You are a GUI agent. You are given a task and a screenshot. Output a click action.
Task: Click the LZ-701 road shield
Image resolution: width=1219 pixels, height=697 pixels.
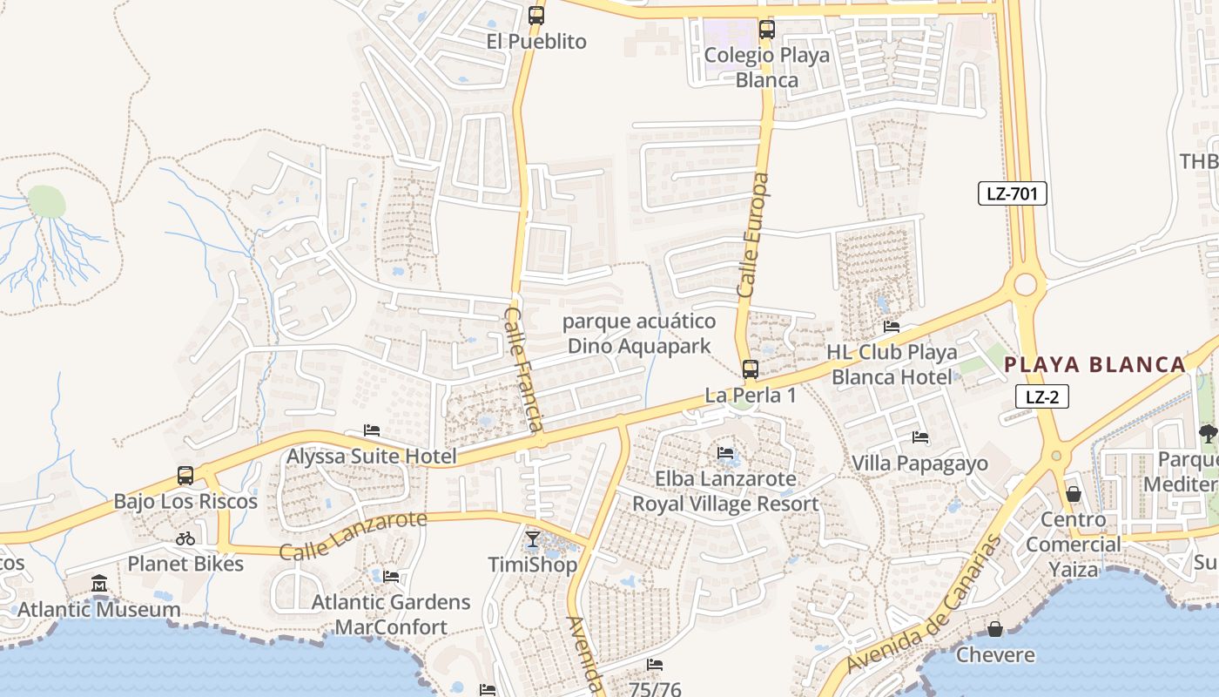tap(1012, 193)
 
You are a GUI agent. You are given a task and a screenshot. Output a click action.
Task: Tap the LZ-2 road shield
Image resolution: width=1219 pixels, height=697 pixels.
tap(1041, 397)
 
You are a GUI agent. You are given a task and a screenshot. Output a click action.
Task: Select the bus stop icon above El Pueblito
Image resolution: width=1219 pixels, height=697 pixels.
tap(536, 15)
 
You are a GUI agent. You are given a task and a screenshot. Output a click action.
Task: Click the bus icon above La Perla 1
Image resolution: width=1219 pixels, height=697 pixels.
tap(750, 369)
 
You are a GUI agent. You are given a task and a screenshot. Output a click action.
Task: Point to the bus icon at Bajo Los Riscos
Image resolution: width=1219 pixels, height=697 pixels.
tap(185, 476)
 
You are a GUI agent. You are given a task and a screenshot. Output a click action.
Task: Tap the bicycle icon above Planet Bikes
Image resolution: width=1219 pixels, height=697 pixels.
tap(185, 538)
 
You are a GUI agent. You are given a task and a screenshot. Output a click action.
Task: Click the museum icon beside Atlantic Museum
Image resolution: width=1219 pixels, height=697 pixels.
tap(99, 583)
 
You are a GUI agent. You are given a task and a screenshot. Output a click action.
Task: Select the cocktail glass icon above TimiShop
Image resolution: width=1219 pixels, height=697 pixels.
tap(533, 539)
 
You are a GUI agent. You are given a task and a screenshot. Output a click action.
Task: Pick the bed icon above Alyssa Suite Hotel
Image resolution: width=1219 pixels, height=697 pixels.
tap(372, 430)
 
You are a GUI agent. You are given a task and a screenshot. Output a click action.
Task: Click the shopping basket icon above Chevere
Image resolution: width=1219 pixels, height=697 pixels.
tap(995, 629)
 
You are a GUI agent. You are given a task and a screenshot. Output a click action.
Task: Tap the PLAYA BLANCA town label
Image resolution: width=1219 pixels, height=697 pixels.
tap(1095, 364)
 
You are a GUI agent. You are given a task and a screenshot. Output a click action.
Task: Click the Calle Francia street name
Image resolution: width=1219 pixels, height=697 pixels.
tap(524, 369)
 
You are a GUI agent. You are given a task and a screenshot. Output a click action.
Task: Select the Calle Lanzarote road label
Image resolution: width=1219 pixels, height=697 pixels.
tap(354, 535)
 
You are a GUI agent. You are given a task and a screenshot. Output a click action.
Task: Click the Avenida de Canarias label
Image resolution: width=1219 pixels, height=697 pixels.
tap(925, 603)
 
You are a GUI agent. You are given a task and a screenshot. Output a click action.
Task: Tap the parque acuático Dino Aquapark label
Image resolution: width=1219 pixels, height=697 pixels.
tap(639, 334)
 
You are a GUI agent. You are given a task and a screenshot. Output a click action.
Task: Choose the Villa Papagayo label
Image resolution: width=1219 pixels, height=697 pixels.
tap(920, 463)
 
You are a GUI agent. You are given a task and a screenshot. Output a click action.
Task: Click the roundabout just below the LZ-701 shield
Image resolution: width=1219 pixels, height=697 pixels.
tap(1026, 284)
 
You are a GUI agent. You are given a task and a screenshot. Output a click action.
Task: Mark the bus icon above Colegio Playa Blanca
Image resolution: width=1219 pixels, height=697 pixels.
tap(766, 29)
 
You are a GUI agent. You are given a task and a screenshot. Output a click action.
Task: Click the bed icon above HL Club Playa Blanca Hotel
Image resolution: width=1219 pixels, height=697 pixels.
tap(892, 327)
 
